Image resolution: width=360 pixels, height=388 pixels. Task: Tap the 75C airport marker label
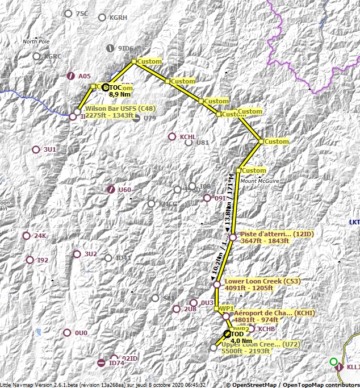(x=82, y=14)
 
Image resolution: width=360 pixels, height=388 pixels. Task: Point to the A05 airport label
(x=85, y=76)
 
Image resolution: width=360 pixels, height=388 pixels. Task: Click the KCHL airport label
(x=187, y=137)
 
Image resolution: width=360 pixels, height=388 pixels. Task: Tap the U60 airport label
(x=125, y=189)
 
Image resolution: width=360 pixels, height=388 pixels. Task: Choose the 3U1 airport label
(x=50, y=149)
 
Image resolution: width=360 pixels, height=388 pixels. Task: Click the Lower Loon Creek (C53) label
(x=262, y=281)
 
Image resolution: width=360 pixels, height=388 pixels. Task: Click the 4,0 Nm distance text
(x=241, y=340)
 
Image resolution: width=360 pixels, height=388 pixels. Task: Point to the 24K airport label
(x=40, y=236)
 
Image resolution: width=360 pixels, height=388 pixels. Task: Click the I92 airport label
(x=42, y=260)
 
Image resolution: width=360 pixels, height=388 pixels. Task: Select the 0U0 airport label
(x=81, y=332)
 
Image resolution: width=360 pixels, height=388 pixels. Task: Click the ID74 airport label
(x=116, y=363)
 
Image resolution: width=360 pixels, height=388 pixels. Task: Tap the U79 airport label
(x=149, y=118)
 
